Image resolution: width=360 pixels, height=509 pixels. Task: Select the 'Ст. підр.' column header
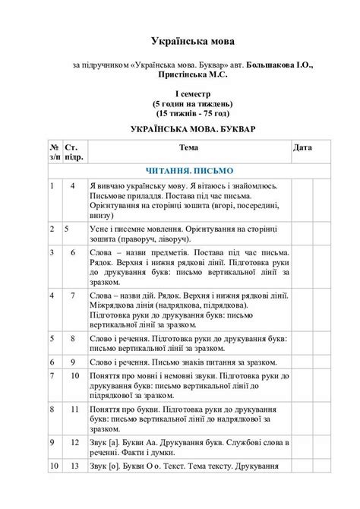coord(74,152)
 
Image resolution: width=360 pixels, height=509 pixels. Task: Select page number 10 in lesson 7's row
coord(74,375)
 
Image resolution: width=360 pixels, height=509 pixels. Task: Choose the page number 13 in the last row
coord(74,466)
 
